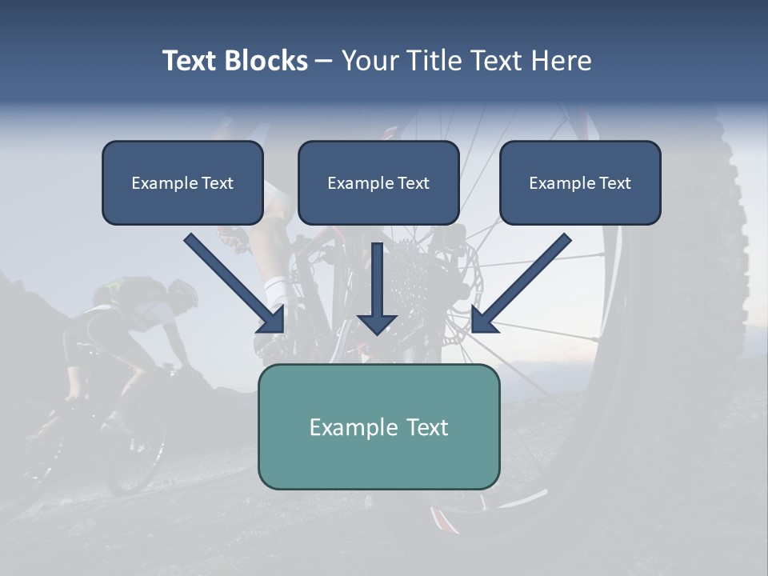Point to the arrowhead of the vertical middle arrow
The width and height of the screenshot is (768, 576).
click(377, 323)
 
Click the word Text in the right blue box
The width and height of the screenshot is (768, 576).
click(614, 183)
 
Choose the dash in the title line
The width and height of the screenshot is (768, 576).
click(324, 61)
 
